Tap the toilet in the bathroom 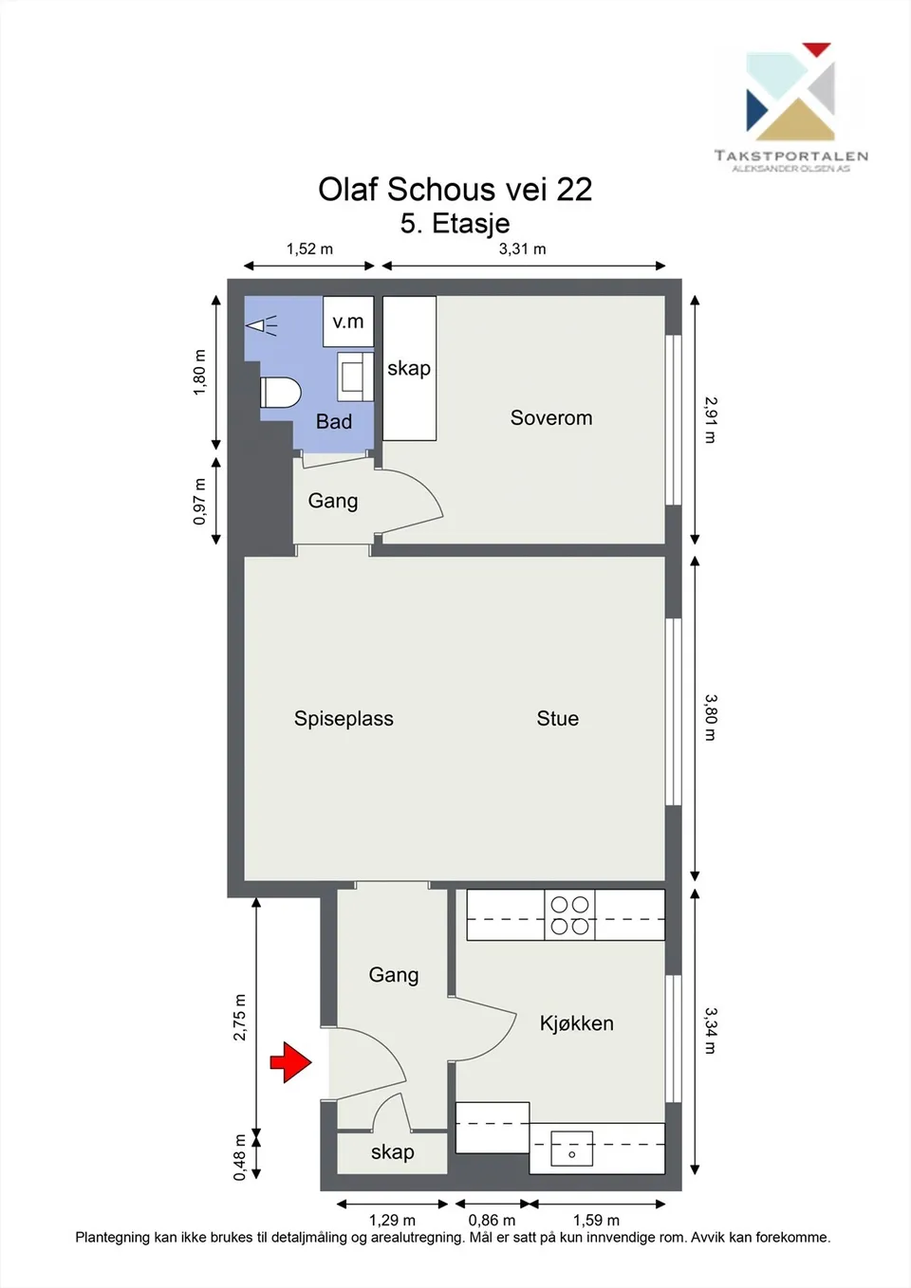pos(281,393)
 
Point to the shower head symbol pos(262,326)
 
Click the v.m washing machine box pos(348,322)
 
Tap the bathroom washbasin pos(355,377)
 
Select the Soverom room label pos(551,417)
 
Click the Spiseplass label pos(344,719)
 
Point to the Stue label pos(557,718)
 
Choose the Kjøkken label pos(576,1023)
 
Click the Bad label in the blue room pos(334,421)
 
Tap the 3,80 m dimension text pos(711,718)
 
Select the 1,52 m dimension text pos(309,249)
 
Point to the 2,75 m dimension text pos(239,1017)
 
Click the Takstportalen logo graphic pos(790,92)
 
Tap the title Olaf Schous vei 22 pos(455,189)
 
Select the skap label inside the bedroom pos(408,368)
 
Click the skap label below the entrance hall pos(392,1151)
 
